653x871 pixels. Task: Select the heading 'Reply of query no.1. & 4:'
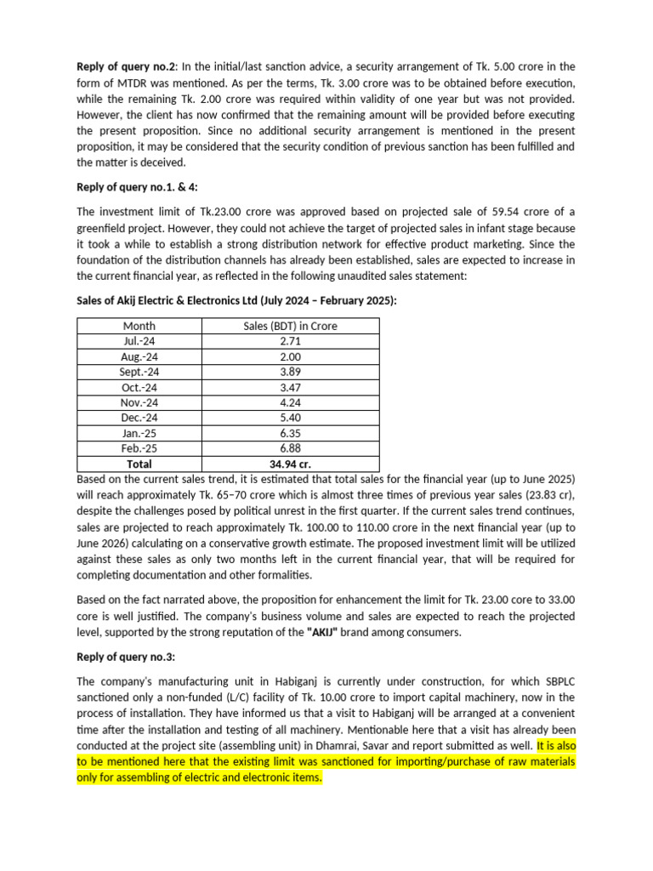(x=138, y=186)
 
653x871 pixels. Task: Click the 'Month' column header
(x=139, y=326)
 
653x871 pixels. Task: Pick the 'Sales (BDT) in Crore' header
(x=290, y=326)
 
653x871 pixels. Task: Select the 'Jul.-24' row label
(x=139, y=341)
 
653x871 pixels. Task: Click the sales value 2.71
(x=290, y=341)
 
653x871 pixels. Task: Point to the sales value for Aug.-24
(x=290, y=356)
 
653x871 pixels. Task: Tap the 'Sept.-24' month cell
(x=139, y=372)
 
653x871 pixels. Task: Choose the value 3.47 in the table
(x=290, y=387)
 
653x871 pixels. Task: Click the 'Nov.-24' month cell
(x=139, y=402)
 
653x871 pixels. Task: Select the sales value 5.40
(x=290, y=418)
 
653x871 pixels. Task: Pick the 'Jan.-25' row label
(x=139, y=433)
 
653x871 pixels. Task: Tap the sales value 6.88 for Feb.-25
(x=290, y=448)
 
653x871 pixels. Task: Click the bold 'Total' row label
(x=139, y=464)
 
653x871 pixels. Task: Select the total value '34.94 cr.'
(x=290, y=464)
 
